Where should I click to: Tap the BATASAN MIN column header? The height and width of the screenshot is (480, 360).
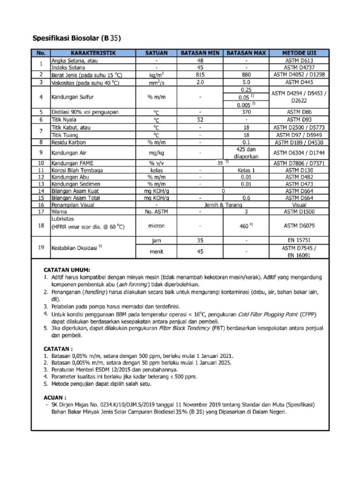200,53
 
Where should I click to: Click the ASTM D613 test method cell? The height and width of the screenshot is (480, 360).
299,60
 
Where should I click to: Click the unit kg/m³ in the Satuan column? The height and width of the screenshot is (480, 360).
157,75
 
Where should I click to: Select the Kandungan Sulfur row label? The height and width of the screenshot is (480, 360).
74,97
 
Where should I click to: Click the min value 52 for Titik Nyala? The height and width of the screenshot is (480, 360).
200,120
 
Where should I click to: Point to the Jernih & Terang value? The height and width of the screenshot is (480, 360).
223,205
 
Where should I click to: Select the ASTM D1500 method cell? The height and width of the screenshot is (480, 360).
299,212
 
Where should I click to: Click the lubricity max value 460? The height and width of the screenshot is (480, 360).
246,226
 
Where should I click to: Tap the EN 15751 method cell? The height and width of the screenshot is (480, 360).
299,240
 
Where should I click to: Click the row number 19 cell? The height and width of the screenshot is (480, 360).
41,247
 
